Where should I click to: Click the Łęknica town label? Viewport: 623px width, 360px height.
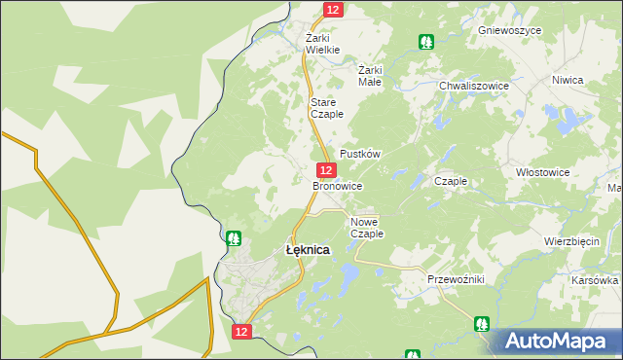tap(307, 250)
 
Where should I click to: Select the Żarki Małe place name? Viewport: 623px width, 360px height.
tap(371, 76)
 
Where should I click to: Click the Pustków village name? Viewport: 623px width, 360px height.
tap(359, 155)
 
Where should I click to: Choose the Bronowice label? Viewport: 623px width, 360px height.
tap(338, 185)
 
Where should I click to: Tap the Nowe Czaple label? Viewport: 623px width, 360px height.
tap(367, 228)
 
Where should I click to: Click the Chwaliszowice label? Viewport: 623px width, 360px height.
tap(474, 86)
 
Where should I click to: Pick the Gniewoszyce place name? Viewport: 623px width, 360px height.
tap(509, 30)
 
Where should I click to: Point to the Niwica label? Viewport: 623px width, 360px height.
tap(567, 80)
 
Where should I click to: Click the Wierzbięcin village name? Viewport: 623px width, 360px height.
tap(571, 241)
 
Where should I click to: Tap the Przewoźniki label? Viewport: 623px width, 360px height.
tap(456, 279)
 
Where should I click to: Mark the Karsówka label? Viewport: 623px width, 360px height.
tap(596, 279)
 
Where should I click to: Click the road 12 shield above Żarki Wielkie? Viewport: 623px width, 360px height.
tap(333, 9)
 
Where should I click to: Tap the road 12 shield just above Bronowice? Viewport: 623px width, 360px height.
tap(326, 169)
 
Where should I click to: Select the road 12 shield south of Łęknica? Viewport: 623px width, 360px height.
tap(242, 332)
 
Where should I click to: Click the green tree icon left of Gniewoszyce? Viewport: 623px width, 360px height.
tap(425, 42)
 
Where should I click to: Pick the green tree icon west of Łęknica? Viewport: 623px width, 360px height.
tap(234, 237)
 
